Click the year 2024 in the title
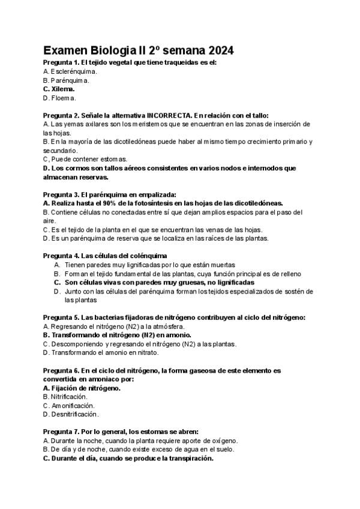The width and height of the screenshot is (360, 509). (217, 50)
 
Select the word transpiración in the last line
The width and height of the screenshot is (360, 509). (187, 458)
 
